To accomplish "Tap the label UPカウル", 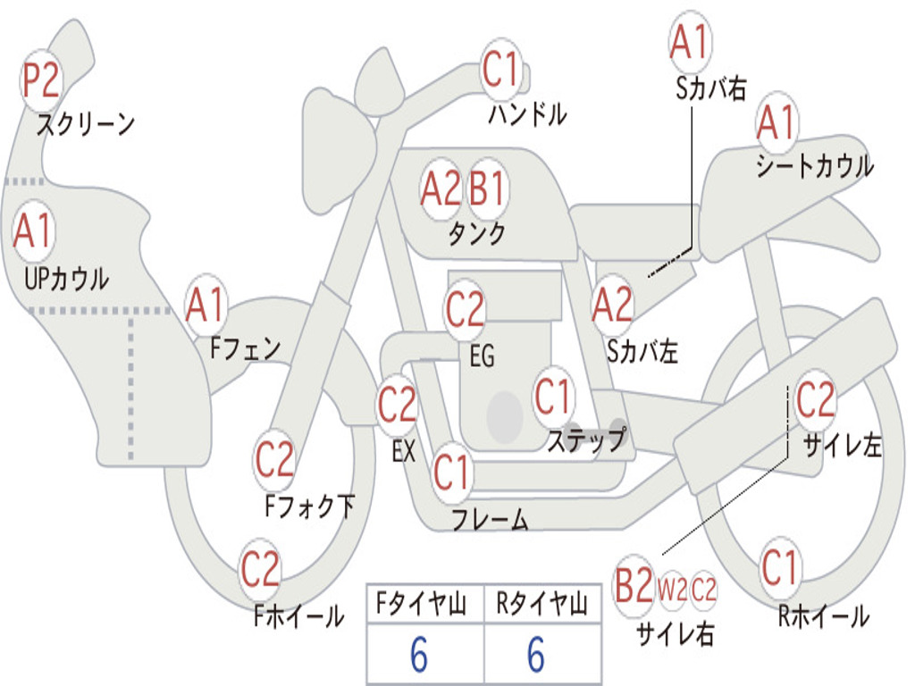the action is [65, 279].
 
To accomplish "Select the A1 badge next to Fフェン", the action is [206, 305].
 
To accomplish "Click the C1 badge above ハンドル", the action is [500, 70].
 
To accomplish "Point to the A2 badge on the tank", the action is [441, 189].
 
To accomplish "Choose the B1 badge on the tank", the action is [488, 189].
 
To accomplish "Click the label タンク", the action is [476, 234].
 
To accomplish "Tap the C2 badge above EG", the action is [465, 310].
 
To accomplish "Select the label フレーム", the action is [490, 519].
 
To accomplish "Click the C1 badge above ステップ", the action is [553, 397].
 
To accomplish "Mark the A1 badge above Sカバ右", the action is [690, 42].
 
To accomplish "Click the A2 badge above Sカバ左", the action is [612, 305].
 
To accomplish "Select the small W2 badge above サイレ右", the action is [672, 589].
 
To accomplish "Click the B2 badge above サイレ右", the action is [634, 587].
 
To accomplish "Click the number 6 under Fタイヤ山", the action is [419, 657].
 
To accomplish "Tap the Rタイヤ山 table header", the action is [541, 606].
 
